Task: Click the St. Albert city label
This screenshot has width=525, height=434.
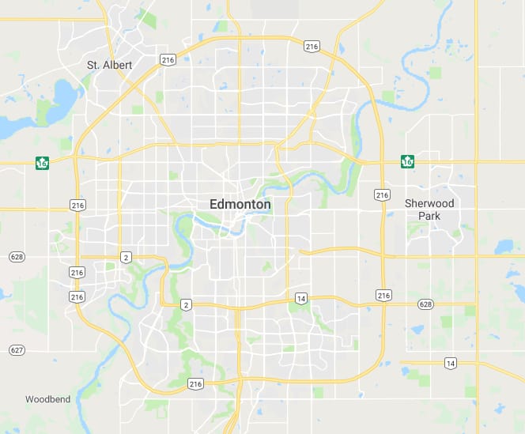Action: (x=110, y=64)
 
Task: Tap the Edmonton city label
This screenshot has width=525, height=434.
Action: (x=240, y=204)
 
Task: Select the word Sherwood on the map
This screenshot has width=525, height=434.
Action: (x=429, y=203)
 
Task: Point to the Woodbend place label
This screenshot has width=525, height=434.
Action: (x=47, y=399)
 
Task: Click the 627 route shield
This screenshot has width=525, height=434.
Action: (x=17, y=349)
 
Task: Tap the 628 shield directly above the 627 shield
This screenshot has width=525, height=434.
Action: (x=17, y=256)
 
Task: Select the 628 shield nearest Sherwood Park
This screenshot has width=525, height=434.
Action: (x=425, y=304)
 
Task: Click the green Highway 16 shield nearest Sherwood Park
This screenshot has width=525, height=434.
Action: (x=408, y=162)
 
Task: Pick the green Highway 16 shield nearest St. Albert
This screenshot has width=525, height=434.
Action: (x=42, y=163)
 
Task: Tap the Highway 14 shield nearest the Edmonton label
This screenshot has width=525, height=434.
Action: (x=301, y=298)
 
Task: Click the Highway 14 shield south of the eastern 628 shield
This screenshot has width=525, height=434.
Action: (x=450, y=363)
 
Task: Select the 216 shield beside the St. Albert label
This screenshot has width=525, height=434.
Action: (x=167, y=59)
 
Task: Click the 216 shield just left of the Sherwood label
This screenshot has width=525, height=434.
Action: (x=382, y=194)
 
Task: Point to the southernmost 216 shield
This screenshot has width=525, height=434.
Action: (x=195, y=384)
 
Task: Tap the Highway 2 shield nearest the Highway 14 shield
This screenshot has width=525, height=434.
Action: (x=186, y=304)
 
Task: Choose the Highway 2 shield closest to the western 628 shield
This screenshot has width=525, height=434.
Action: (x=126, y=257)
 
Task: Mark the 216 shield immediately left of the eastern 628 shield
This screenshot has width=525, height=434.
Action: (x=383, y=295)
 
